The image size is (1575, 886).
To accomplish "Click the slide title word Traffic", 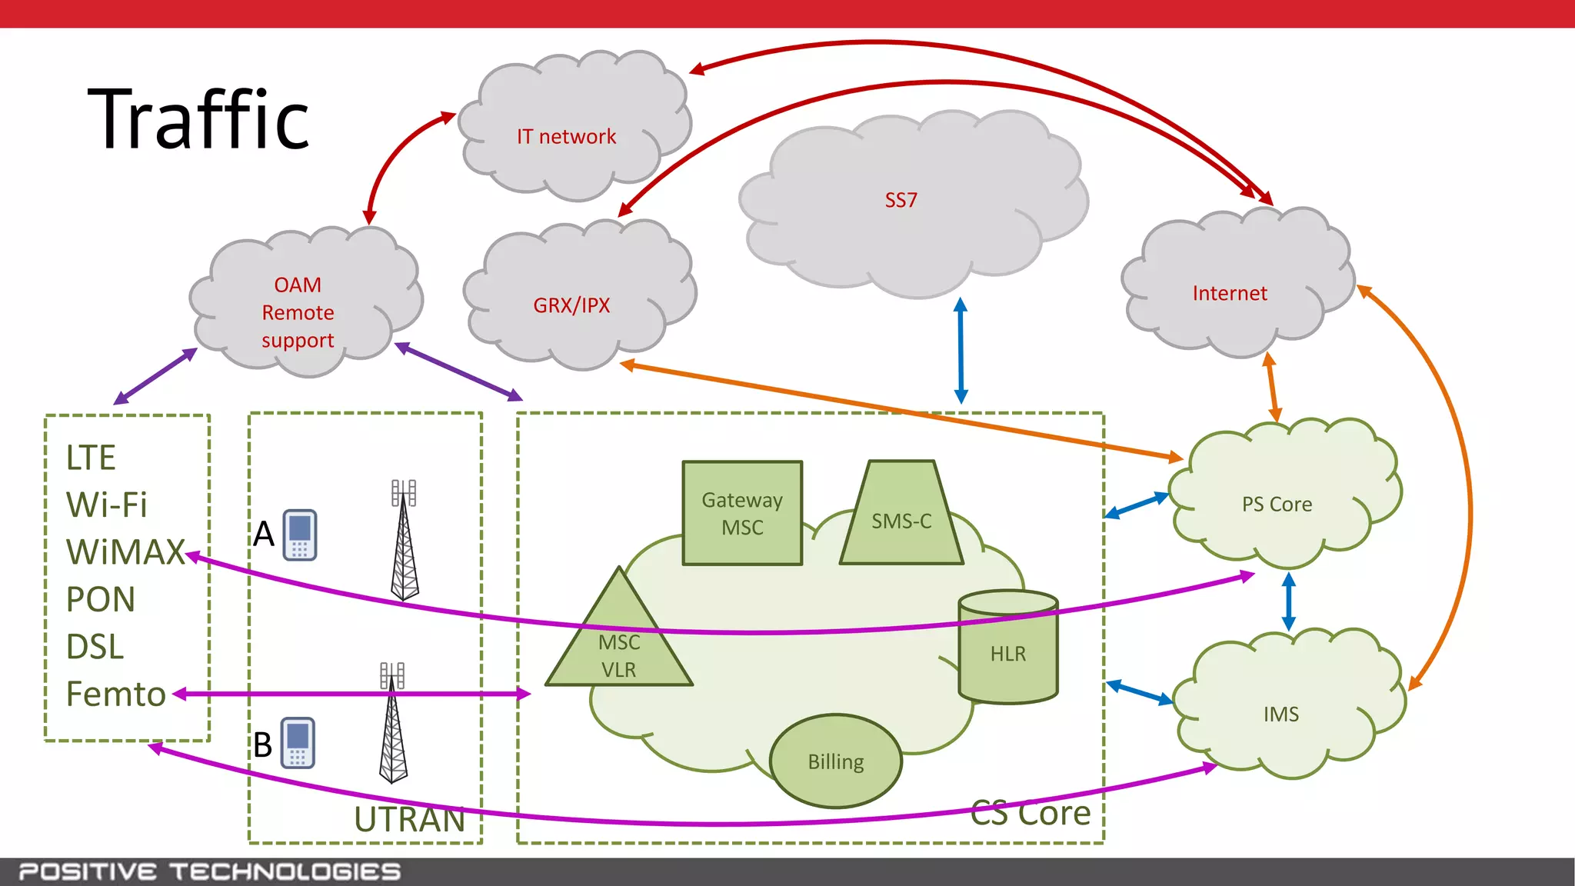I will coord(198,120).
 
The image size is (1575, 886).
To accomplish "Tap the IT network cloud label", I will coord(566,137).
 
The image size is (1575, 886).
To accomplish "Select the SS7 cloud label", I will coord(901,201).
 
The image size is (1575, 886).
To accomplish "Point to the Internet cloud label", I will coord(1229,293).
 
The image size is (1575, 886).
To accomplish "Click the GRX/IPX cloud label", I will coord(571,305).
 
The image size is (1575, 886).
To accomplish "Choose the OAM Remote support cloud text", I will coord(298,312).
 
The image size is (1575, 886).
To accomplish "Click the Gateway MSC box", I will coord(742,513).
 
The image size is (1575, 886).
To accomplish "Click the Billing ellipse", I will coord(836,761).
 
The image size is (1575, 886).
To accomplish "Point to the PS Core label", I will coord(1277,505).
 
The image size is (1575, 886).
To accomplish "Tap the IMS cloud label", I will coord(1281,714).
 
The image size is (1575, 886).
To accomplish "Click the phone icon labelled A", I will coord(300,535).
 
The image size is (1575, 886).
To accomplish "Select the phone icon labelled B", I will coord(298,742).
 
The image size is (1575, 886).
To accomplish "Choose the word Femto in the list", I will coord(116,694).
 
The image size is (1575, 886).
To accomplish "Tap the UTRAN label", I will coord(410,819).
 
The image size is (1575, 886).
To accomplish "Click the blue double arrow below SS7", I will coord(961,351).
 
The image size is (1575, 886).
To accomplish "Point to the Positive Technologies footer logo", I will coord(210,871).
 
